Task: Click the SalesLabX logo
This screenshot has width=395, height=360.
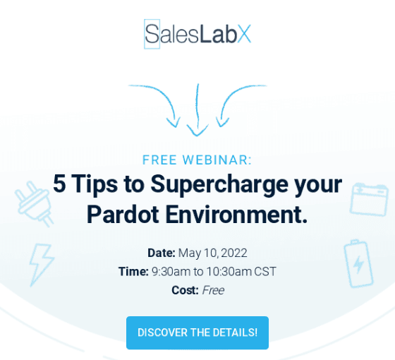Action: coord(197,34)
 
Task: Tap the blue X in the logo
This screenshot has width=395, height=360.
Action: coord(244,34)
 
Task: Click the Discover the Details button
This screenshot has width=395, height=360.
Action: coord(197,332)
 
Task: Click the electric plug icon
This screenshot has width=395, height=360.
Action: coord(35,204)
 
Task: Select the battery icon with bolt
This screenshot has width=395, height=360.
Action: coord(358,264)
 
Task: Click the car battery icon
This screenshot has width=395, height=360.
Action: coord(369,200)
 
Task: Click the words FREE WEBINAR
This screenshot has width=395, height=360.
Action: coord(197,160)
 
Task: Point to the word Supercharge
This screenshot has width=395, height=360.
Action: coord(219,185)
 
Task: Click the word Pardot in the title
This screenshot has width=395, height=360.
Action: coord(123,215)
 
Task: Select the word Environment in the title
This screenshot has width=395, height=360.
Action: coord(236,215)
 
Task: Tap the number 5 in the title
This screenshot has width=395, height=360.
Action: coord(59,184)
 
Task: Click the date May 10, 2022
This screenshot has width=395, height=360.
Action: coord(212,253)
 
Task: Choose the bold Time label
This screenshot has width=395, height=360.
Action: coord(133,272)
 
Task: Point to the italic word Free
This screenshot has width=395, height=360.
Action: coord(213,290)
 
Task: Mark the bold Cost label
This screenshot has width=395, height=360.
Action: coord(185,290)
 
